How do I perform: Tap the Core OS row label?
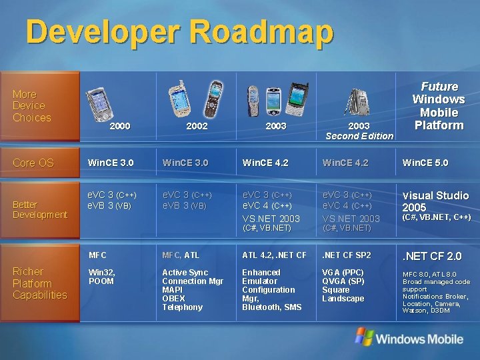click(33, 163)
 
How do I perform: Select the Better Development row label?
click(39, 209)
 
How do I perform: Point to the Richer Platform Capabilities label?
click(39, 283)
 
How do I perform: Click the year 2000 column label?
click(119, 126)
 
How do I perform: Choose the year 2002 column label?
click(197, 126)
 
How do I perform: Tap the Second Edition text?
click(359, 137)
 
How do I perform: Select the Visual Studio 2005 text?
click(435, 201)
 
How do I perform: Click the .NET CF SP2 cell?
click(345, 255)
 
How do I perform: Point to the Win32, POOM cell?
click(101, 277)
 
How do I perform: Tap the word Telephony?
click(182, 307)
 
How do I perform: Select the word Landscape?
click(343, 299)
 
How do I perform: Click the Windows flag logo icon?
click(363, 336)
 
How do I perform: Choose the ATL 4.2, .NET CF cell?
click(274, 255)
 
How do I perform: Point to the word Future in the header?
click(439, 87)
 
